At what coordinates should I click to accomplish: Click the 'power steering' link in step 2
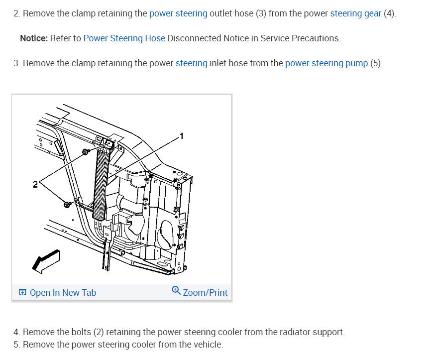pos(178,13)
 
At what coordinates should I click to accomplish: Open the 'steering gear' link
pos(355,13)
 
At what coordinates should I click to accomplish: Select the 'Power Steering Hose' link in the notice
pos(124,38)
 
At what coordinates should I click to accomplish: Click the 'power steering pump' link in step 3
pos(326,63)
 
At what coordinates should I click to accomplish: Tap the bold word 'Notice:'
pos(34,38)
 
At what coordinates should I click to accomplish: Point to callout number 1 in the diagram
pos(182,135)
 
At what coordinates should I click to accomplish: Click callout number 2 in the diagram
pos(35,185)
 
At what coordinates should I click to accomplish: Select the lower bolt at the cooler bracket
pos(67,204)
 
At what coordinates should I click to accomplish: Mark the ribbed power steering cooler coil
pos(102,184)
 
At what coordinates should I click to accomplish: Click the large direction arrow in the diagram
pos(46,260)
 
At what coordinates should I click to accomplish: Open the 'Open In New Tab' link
pos(63,293)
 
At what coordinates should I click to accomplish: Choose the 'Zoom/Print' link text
pos(205,293)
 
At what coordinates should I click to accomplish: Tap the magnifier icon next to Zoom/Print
pos(176,291)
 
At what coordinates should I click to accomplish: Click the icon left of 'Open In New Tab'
pos(22,293)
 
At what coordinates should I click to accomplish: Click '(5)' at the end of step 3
pos(376,63)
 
